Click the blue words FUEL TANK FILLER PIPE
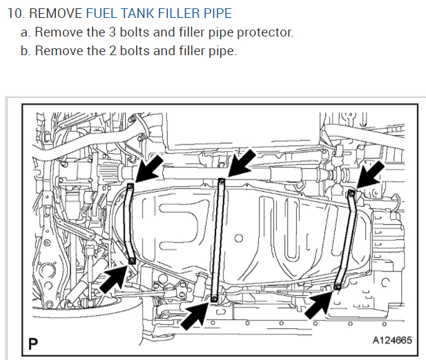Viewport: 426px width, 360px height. pos(159,13)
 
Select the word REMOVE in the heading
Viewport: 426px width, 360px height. pos(57,13)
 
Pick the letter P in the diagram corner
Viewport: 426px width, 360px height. pos(32,341)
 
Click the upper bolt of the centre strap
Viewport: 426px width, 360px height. pos(222,181)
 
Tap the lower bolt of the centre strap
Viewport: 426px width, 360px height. pos(215,298)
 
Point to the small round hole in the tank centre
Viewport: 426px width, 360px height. pos(238,239)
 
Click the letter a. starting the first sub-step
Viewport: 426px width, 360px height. pos(26,32)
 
